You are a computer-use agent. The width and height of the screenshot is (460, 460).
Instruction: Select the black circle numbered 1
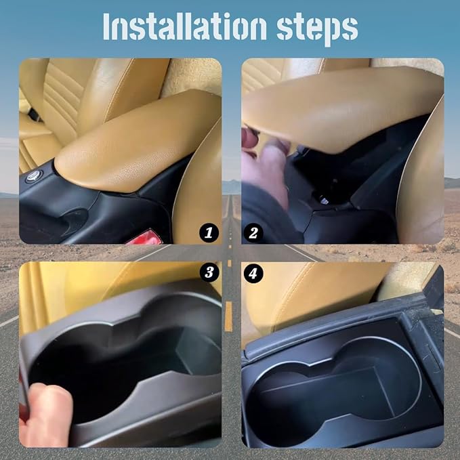coord(209,233)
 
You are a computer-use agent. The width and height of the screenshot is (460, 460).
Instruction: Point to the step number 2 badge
coord(253,233)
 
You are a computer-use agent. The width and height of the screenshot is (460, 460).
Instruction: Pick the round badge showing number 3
coord(209,273)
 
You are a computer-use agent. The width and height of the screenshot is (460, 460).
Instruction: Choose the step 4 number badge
coord(253,274)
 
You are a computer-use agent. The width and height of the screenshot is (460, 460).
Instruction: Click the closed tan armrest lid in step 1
coord(135,142)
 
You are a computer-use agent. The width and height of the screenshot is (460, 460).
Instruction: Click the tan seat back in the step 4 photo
coord(318,291)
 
